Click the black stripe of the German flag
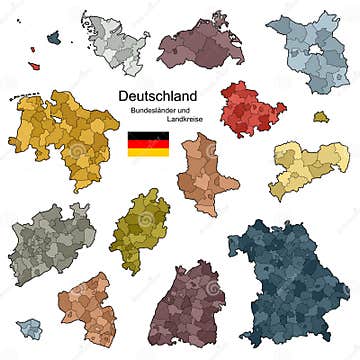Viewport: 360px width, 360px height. (x=147, y=135)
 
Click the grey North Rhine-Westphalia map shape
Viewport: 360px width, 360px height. (x=52, y=240)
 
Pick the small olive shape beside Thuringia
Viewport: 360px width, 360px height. (x=320, y=117)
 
